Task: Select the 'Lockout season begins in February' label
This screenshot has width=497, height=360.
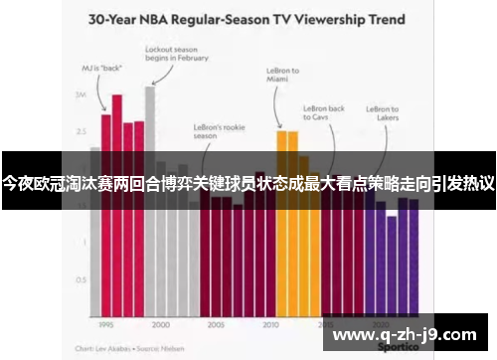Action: pyautogui.click(x=177, y=53)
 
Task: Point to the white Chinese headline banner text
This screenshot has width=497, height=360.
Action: pyautogui.click(x=248, y=184)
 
